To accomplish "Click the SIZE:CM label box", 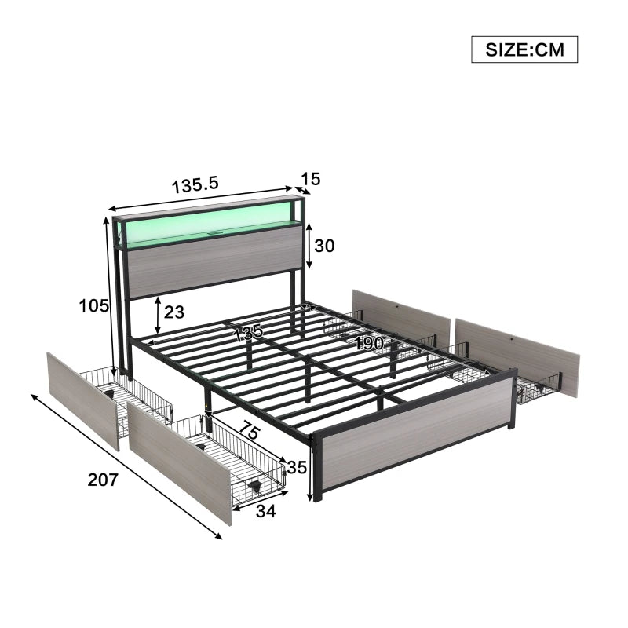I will click(x=524, y=49).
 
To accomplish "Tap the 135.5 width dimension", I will click(x=195, y=186).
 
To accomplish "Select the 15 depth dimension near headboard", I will click(x=310, y=179).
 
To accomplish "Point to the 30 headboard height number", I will click(x=324, y=246).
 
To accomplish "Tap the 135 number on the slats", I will click(x=249, y=333).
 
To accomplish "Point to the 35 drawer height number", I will click(x=296, y=468).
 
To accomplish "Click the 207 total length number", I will click(x=102, y=480).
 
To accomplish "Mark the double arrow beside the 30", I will click(x=309, y=246).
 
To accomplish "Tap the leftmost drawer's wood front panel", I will click(x=82, y=400).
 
